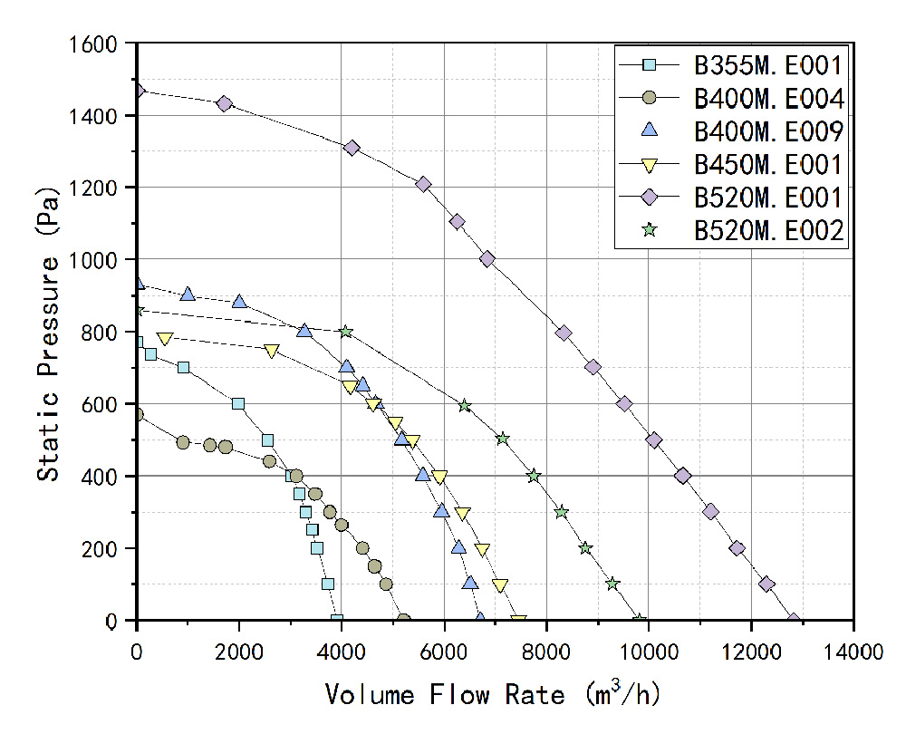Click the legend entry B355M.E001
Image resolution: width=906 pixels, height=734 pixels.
(769, 65)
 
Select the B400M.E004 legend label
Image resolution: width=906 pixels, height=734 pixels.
(769, 98)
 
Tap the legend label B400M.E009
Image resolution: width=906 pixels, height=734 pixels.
(769, 131)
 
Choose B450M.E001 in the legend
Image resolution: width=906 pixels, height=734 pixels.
(769, 164)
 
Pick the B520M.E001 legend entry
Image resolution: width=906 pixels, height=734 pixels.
(769, 197)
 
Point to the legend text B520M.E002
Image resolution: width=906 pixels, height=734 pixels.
(769, 230)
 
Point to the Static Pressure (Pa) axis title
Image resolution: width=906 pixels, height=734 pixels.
(50, 332)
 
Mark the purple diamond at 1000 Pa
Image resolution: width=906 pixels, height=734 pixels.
(487, 259)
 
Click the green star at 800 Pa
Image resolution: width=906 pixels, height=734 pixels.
(345, 332)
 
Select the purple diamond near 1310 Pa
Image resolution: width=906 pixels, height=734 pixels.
(352, 148)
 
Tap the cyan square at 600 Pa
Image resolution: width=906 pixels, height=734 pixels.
(238, 404)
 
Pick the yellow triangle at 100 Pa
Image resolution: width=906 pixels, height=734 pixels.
(500, 585)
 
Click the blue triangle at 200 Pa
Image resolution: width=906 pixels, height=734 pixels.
(458, 547)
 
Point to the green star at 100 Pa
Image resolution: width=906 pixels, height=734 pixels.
(612, 584)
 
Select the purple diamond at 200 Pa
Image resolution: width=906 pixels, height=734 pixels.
(737, 548)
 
